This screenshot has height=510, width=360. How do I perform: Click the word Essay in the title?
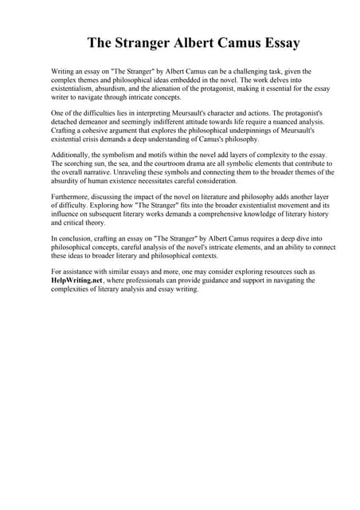pos(248,42)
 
